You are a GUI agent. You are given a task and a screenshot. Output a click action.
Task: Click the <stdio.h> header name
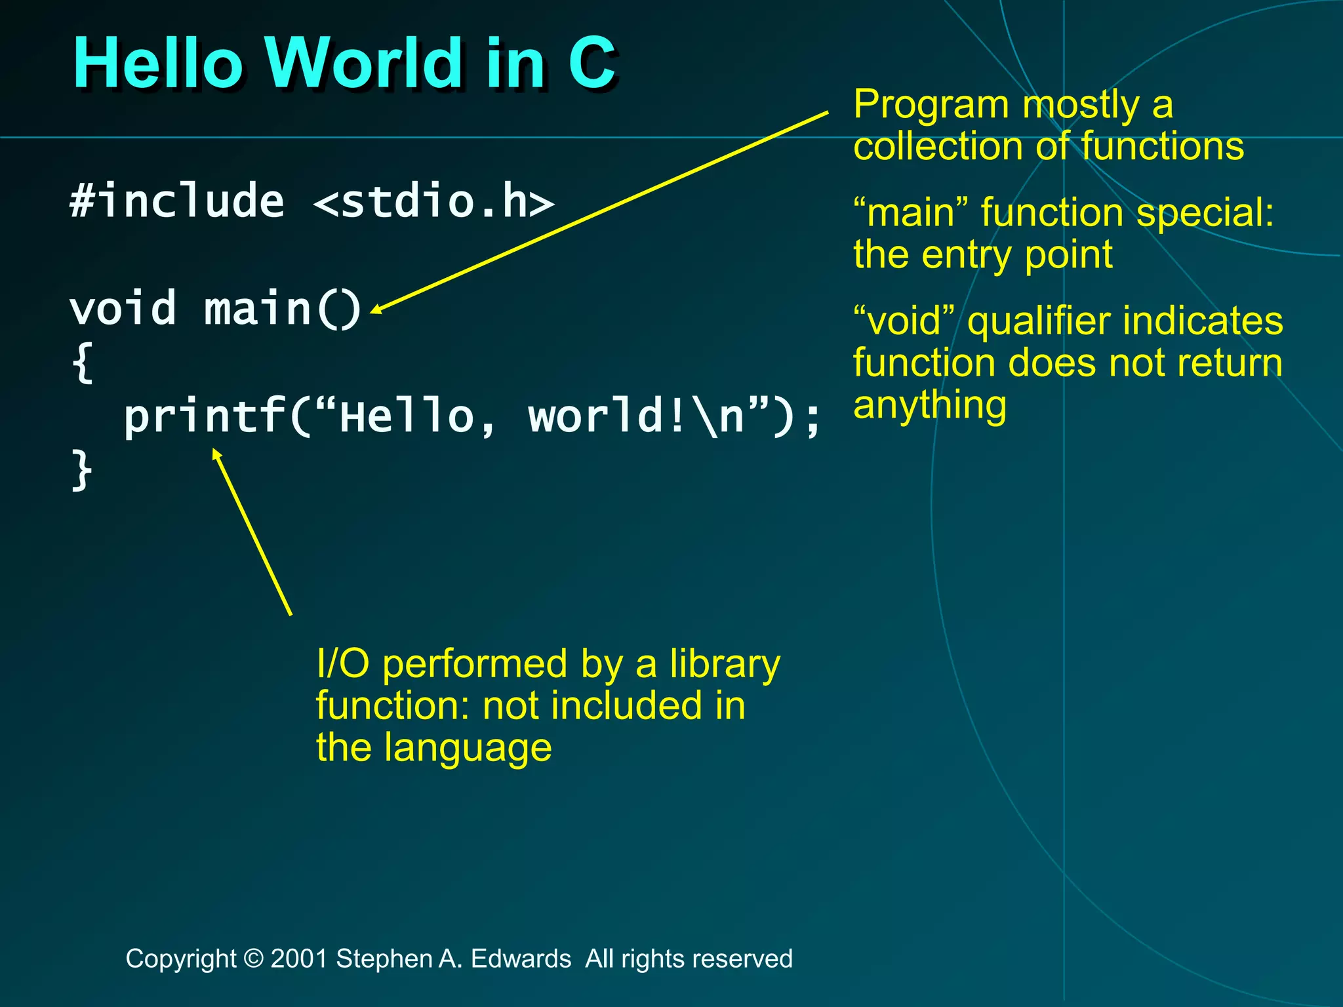(433, 202)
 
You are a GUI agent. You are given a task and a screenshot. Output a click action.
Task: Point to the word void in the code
(123, 309)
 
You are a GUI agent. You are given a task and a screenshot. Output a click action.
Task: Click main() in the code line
(282, 309)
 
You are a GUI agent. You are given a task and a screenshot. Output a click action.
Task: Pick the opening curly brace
(83, 362)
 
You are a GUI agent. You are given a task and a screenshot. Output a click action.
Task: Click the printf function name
(205, 417)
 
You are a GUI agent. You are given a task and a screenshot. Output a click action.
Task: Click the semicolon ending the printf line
(812, 420)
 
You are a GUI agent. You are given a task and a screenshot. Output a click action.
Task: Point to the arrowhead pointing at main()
(376, 310)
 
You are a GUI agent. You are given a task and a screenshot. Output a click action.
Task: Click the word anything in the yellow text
(929, 405)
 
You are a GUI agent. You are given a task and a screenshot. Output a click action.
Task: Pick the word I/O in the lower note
(342, 663)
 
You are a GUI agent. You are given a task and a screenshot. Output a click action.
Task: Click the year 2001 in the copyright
(299, 958)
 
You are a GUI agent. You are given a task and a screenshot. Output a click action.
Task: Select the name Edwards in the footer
(521, 958)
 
